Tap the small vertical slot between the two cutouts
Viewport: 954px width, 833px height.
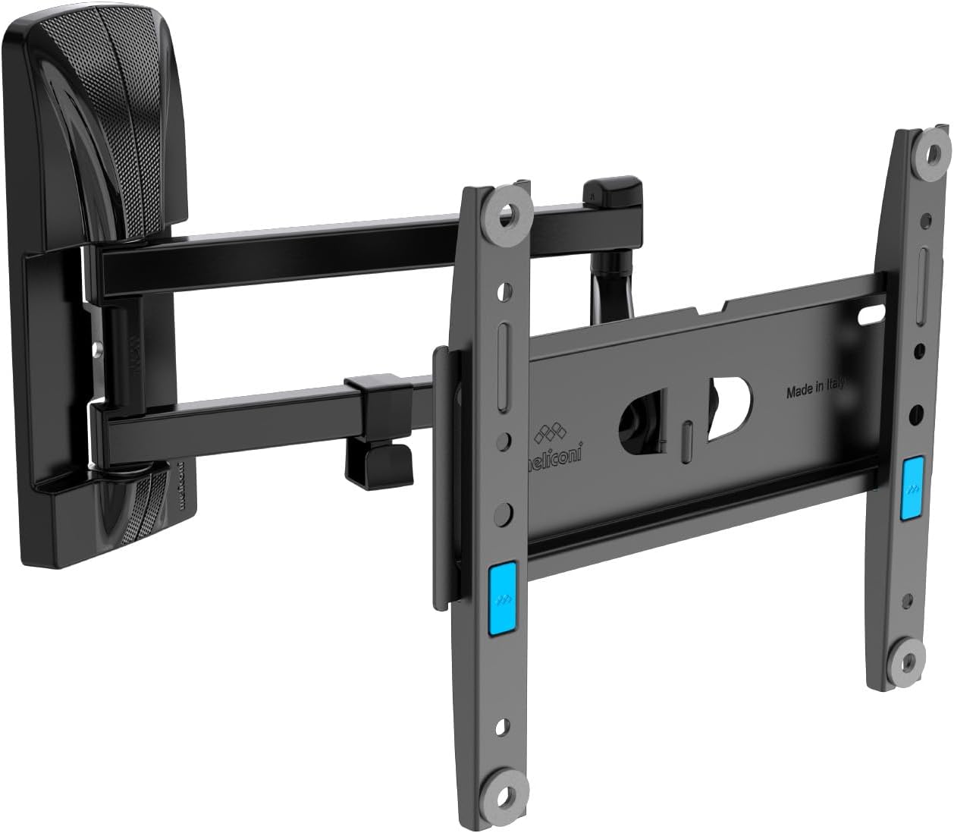pyautogui.click(x=686, y=439)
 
